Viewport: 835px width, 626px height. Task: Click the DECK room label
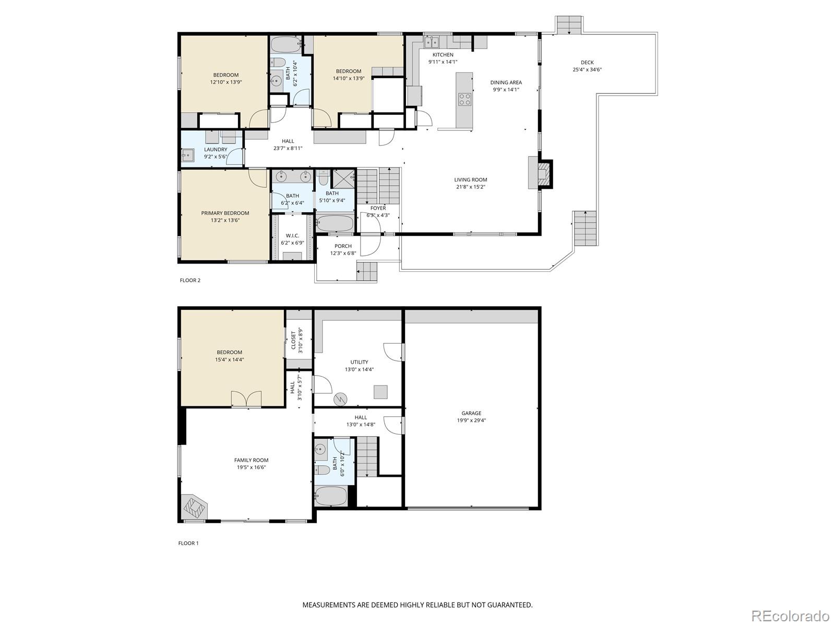point(587,63)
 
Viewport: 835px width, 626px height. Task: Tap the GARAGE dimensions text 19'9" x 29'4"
point(471,420)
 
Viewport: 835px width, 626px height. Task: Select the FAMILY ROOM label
point(251,460)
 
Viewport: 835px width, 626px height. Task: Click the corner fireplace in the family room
point(195,505)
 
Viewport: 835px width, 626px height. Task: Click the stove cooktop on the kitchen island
point(464,99)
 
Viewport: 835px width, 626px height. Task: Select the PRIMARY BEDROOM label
point(225,213)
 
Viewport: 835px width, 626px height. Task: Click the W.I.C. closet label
point(292,236)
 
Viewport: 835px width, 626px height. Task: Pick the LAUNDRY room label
point(216,150)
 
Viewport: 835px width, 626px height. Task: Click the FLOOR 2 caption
point(190,280)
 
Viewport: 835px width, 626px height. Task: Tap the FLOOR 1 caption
point(188,543)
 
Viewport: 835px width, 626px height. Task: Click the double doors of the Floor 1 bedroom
point(246,399)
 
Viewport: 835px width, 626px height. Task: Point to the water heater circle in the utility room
point(340,399)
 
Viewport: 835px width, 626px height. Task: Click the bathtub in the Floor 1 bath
point(331,496)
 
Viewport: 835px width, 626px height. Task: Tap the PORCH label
point(343,246)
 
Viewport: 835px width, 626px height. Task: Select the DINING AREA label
point(506,82)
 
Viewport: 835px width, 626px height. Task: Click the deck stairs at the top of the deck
point(568,25)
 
